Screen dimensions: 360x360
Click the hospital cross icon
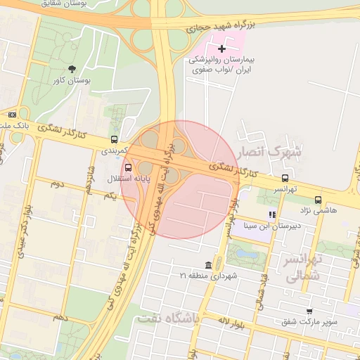click(222, 49)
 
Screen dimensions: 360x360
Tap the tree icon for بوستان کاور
click(72, 68)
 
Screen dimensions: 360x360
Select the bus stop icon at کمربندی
click(114, 139)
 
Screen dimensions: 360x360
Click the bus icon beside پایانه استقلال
click(128, 167)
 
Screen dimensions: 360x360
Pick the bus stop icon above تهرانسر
click(285, 178)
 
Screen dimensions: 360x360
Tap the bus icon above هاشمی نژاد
click(318, 199)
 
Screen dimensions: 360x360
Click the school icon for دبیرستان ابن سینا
click(271, 214)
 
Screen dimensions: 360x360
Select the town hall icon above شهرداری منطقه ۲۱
click(208, 265)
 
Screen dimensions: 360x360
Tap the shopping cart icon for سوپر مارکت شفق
click(309, 311)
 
